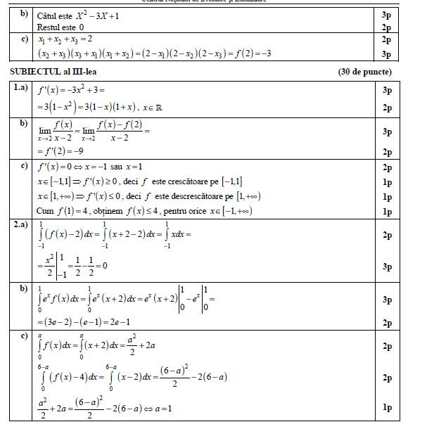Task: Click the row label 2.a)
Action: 22,225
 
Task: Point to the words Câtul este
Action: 56,14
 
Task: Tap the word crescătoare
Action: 192,181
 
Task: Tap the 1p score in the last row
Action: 387,406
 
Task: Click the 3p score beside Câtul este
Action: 387,14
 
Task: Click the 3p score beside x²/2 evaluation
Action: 387,267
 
